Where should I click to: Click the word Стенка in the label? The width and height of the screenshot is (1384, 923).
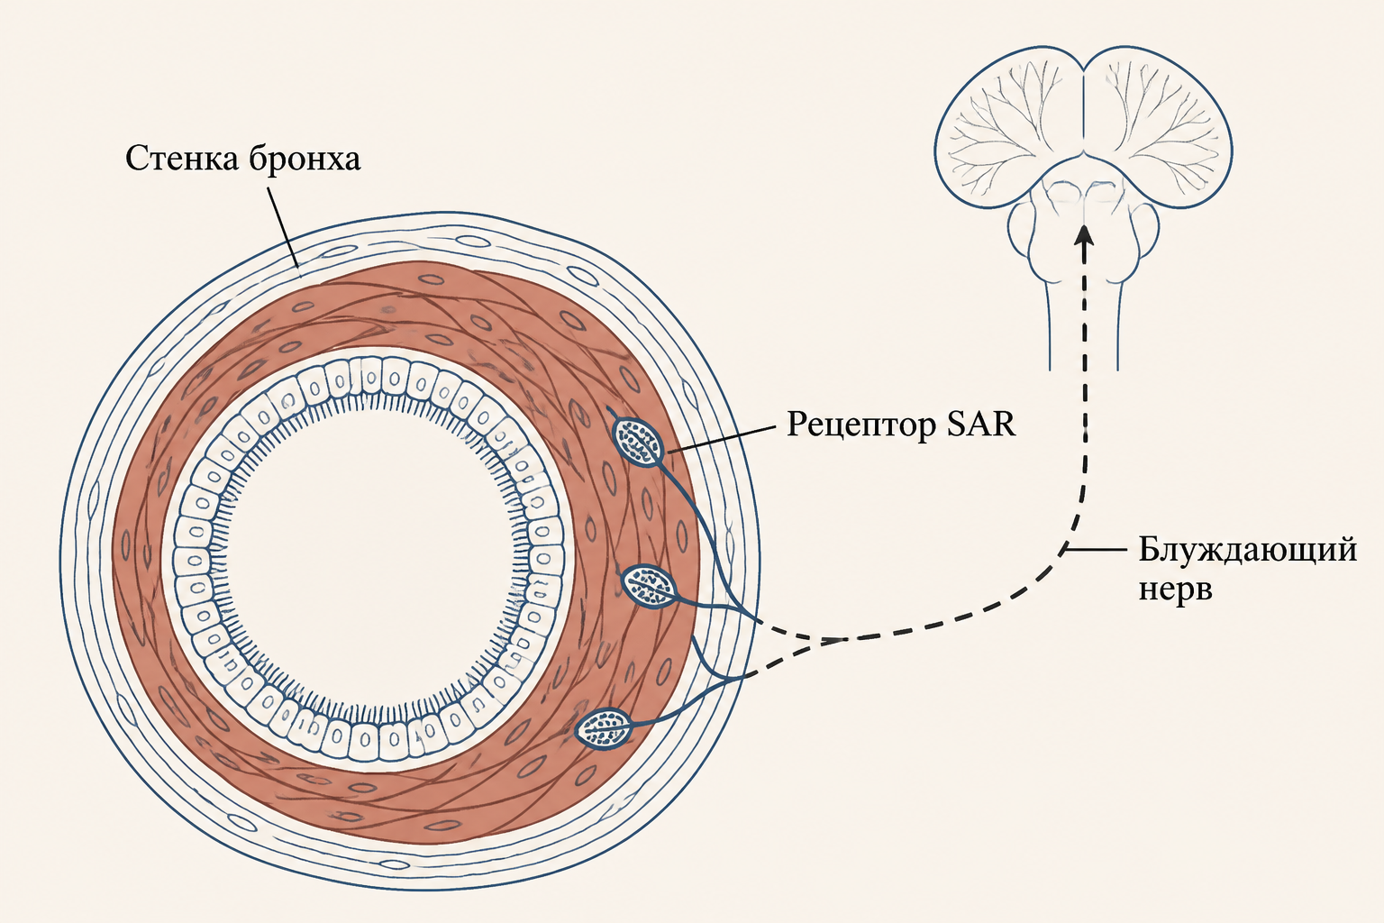tap(182, 159)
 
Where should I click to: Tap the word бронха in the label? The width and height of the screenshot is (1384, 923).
tap(305, 159)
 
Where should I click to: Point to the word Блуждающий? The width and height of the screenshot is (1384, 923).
tap(1247, 550)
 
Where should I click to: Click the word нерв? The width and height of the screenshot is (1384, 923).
tap(1175, 589)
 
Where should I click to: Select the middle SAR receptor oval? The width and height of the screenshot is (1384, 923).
tap(649, 586)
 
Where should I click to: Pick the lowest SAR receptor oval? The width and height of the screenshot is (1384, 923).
tap(604, 729)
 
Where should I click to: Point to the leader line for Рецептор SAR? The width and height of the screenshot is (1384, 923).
tap(721, 440)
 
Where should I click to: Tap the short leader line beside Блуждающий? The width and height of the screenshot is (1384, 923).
tap(1095, 549)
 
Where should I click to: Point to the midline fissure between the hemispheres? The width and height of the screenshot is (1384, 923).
tap(1085, 105)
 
